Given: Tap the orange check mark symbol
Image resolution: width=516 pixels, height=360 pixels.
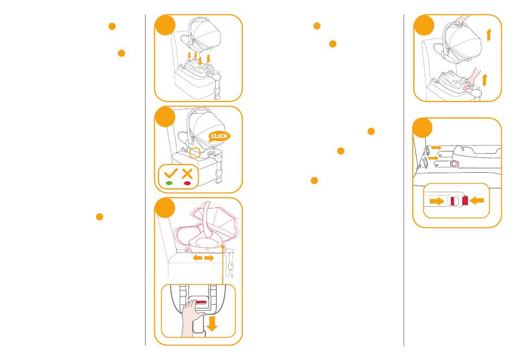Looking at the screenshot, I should pyautogui.click(x=169, y=174).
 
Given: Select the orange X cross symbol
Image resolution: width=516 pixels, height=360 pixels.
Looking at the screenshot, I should pyautogui.click(x=187, y=174).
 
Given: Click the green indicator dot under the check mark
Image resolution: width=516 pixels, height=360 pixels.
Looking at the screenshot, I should pyautogui.click(x=169, y=184).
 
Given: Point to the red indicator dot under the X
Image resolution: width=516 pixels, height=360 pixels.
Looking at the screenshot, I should pyautogui.click(x=187, y=184).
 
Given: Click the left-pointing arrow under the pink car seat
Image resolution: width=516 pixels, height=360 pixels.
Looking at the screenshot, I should pyautogui.click(x=198, y=258).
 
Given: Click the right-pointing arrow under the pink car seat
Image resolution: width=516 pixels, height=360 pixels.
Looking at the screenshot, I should pyautogui.click(x=209, y=258).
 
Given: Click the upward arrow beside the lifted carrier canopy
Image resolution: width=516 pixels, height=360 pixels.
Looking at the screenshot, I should pyautogui.click(x=489, y=35).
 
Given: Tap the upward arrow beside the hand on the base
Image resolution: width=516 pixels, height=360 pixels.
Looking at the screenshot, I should pyautogui.click(x=484, y=80).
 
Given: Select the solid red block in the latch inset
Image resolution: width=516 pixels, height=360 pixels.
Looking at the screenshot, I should pyautogui.click(x=465, y=200).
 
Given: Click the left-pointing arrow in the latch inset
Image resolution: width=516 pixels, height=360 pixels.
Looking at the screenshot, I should pyautogui.click(x=477, y=200).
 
